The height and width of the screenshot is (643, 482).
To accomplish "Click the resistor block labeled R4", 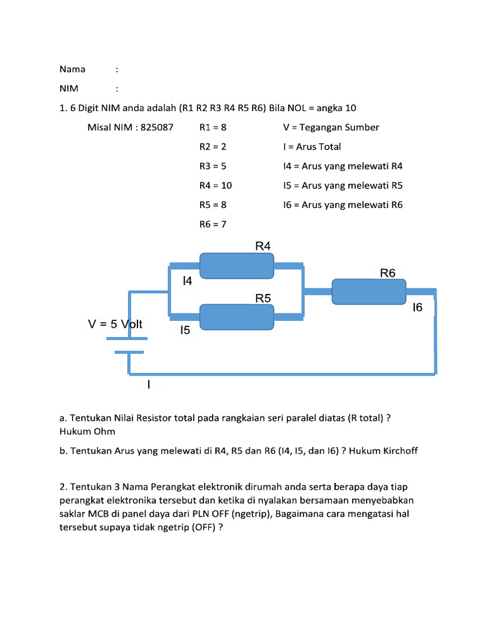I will pos(236,265).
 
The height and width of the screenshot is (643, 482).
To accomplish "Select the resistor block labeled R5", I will pos(236,317).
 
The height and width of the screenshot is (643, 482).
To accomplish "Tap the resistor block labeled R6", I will pos(368,291).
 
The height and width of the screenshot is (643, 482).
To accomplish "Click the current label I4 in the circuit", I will pos(187,282).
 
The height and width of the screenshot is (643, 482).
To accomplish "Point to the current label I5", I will pos(185,330).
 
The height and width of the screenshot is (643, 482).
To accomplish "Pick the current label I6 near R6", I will pos(417,308).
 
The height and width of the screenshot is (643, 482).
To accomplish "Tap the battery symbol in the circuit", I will pos(129,345).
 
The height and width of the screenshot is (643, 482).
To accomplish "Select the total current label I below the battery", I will pos(149,384).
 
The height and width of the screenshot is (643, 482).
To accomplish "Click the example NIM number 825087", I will pos(156,127).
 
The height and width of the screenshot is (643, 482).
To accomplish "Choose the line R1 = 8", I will pos(213,127).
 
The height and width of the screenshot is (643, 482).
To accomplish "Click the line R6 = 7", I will pos(213,224).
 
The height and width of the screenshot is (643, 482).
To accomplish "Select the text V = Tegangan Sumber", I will pos(331,127).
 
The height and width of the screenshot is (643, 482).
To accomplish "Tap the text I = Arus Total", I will pos(312,147).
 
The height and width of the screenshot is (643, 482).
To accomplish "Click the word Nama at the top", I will pos(72,69).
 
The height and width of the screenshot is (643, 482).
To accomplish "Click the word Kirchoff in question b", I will pos(398,451).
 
